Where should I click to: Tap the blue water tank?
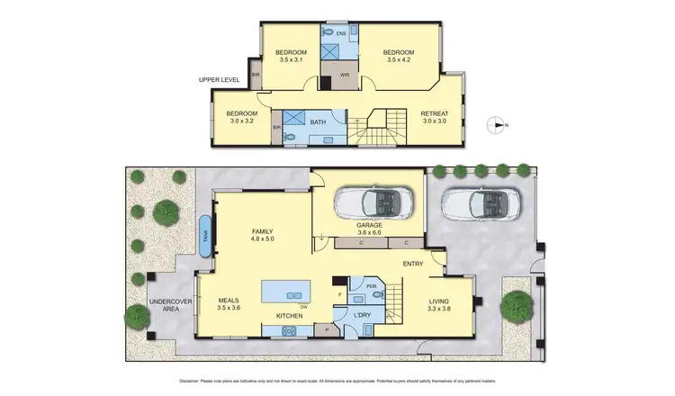tap(205, 238)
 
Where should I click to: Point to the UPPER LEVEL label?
tap(218, 80)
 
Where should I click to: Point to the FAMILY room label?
tap(262, 232)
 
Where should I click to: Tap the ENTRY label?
tap(413, 264)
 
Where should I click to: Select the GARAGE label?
tap(369, 226)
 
